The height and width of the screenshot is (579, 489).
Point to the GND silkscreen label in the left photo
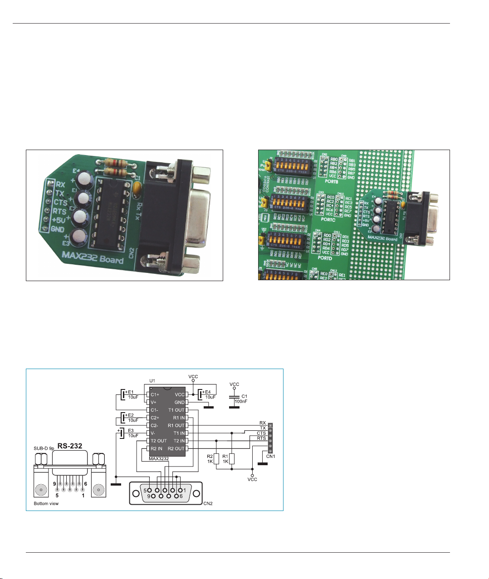click(58, 229)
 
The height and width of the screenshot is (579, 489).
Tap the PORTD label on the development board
click(325, 258)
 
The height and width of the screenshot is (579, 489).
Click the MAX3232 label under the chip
click(160, 458)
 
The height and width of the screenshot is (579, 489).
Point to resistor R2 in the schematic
click(216, 458)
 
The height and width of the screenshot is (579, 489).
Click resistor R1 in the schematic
click(232, 458)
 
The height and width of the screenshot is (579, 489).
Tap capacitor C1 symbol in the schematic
click(234, 399)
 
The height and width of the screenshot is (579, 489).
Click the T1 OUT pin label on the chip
click(176, 410)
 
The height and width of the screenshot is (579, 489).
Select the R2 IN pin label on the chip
click(156, 448)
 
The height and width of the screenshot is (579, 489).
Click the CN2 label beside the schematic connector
click(208, 503)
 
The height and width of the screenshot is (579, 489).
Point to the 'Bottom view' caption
click(46, 504)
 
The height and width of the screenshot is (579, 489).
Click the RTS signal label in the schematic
click(261, 438)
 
